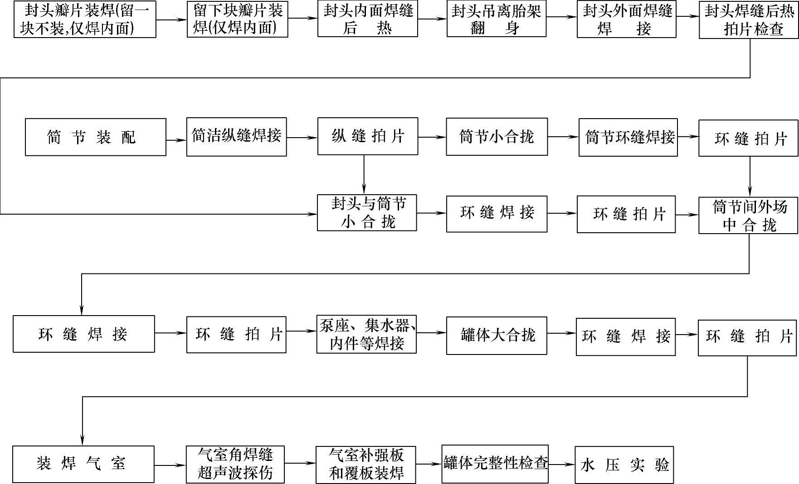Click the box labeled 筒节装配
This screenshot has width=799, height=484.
pos(95,137)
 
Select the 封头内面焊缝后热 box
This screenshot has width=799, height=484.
pos(367,19)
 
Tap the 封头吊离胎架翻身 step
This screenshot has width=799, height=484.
pos(497,19)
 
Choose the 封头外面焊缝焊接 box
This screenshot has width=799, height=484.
pos(626,19)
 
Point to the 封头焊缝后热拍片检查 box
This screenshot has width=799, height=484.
pos(749,21)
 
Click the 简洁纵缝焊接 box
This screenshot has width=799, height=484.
pos(236,137)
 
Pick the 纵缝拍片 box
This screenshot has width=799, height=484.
pos(367,136)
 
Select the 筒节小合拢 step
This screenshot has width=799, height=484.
pos(497,137)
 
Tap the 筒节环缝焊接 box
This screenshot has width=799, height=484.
pos(628,137)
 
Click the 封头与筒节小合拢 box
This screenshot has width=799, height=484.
pos(367,213)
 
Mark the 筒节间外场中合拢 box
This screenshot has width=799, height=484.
pos(748,216)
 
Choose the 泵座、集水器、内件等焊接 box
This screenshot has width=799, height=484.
pos(366,334)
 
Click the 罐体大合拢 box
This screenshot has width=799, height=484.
pos(497,335)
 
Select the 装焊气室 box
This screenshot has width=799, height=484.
pos(83,464)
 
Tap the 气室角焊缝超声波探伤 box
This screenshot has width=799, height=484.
pos(235,464)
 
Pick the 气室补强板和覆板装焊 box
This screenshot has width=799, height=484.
pos(366,464)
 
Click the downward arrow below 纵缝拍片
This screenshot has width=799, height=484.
pos(364,175)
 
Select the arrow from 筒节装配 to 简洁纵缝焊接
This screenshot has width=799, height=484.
pos(176,140)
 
